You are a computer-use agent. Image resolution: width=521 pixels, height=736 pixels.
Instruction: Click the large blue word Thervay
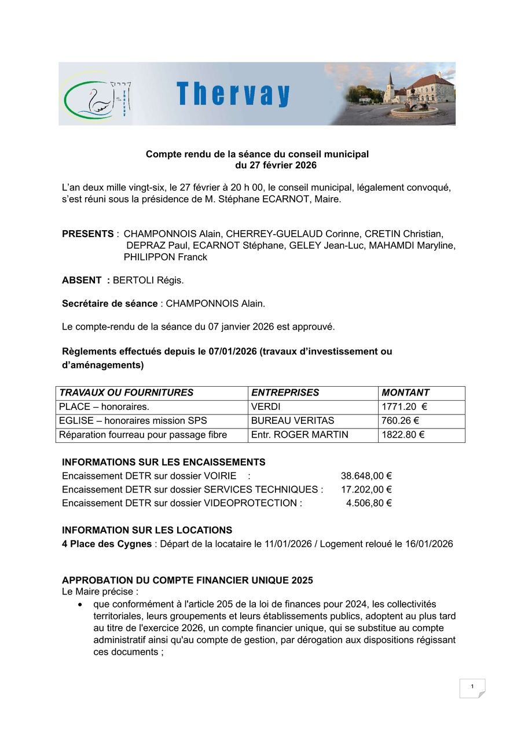(233, 94)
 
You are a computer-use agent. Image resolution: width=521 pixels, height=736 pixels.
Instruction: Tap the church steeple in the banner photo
(390, 80)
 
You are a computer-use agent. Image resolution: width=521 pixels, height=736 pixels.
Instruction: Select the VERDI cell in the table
(266, 407)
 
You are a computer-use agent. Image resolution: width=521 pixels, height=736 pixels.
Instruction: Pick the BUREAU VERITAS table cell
(292, 421)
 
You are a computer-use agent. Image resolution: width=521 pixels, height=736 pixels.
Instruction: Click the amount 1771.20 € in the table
(404, 407)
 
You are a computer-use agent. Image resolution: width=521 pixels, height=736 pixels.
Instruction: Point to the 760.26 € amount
(400, 421)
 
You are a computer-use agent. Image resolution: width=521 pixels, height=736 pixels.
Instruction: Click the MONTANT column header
(405, 393)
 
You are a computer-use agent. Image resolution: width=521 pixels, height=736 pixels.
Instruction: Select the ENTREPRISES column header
(285, 393)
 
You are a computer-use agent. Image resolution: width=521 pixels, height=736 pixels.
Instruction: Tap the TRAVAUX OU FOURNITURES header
(126, 393)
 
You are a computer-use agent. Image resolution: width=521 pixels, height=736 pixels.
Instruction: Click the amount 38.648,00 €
(366, 476)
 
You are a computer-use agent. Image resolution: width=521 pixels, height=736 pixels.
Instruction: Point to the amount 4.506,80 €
(369, 503)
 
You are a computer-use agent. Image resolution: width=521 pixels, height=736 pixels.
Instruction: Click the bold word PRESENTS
(87, 234)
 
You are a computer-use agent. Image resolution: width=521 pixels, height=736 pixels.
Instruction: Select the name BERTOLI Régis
(148, 280)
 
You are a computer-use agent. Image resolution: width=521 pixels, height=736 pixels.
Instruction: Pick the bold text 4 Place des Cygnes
(107, 543)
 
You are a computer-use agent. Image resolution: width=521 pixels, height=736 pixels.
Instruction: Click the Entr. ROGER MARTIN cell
(299, 435)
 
